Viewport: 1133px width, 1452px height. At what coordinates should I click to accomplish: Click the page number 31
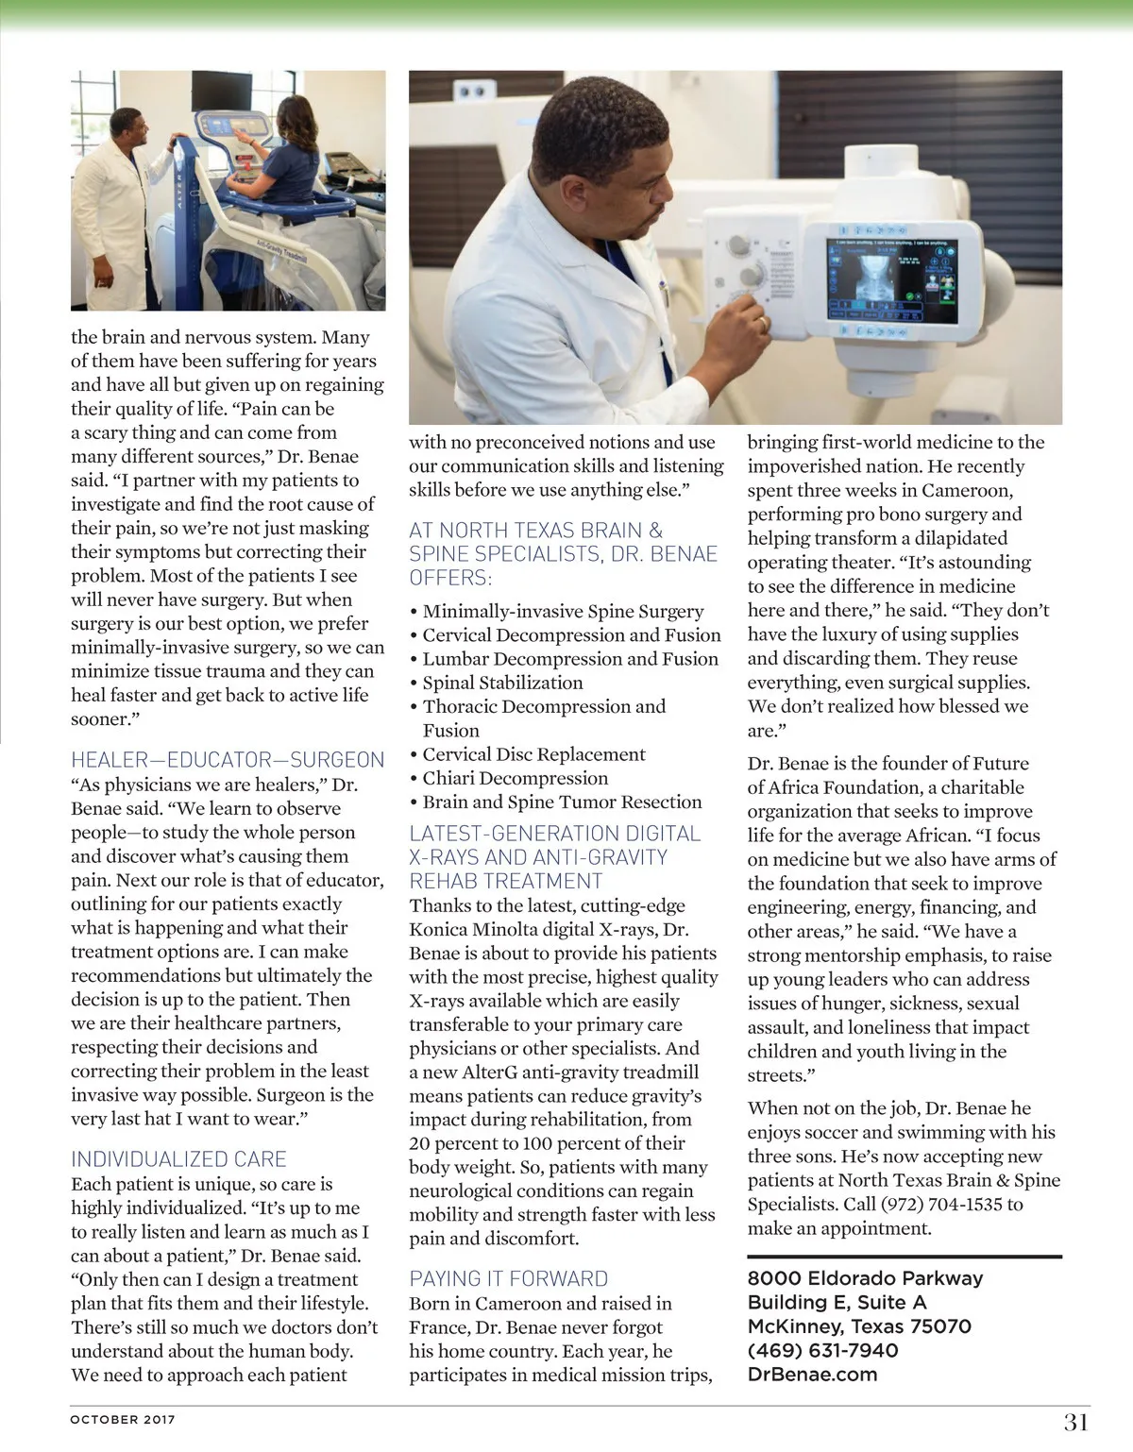pos(1076,1422)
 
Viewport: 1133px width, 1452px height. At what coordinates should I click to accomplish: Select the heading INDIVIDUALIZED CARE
pos(178,1159)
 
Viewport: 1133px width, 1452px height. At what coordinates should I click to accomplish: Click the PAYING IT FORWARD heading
pos(508,1279)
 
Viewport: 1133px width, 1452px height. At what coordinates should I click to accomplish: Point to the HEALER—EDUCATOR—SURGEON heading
pos(228,760)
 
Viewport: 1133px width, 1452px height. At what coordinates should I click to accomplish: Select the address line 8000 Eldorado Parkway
pos(865,1278)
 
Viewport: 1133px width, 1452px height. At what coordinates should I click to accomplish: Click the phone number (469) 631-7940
pos(822,1350)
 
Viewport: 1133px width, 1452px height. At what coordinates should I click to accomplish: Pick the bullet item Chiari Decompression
pos(515,778)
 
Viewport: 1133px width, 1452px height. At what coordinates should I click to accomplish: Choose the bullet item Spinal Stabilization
pos(502,683)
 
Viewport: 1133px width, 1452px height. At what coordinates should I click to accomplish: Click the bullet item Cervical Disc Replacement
pos(533,754)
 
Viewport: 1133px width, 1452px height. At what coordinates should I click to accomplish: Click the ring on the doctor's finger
pos(763,323)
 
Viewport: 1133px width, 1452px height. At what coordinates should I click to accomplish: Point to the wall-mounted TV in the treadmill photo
pos(222,91)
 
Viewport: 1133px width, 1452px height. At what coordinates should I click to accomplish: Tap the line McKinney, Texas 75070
pos(859,1326)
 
